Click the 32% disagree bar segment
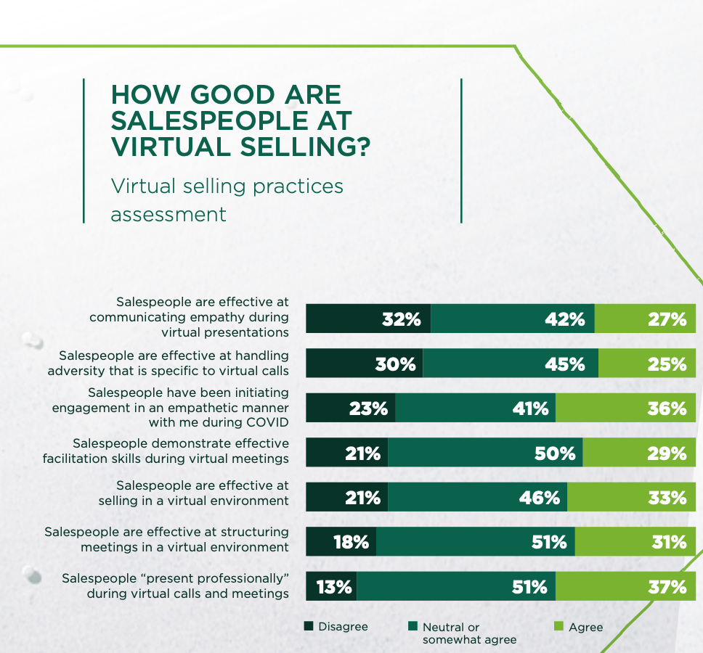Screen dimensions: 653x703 (x=368, y=319)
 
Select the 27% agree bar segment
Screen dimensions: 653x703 (x=645, y=319)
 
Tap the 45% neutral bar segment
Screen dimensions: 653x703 (x=511, y=363)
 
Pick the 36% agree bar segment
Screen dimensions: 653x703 (x=625, y=408)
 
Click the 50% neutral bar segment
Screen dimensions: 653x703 (x=485, y=453)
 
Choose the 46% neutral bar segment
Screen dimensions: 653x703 (x=477, y=497)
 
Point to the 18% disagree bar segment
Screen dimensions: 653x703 (x=341, y=542)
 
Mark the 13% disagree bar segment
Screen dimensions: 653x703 (x=331, y=586)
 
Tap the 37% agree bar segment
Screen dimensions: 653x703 (x=625, y=586)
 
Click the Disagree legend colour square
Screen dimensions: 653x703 (x=309, y=626)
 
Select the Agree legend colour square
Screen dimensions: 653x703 (x=558, y=626)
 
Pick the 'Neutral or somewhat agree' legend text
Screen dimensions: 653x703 (x=459, y=633)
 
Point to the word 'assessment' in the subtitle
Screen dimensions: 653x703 (x=168, y=215)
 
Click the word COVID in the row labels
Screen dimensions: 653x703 (x=266, y=422)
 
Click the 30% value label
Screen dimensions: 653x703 (x=395, y=364)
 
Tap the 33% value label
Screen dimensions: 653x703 (x=667, y=498)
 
